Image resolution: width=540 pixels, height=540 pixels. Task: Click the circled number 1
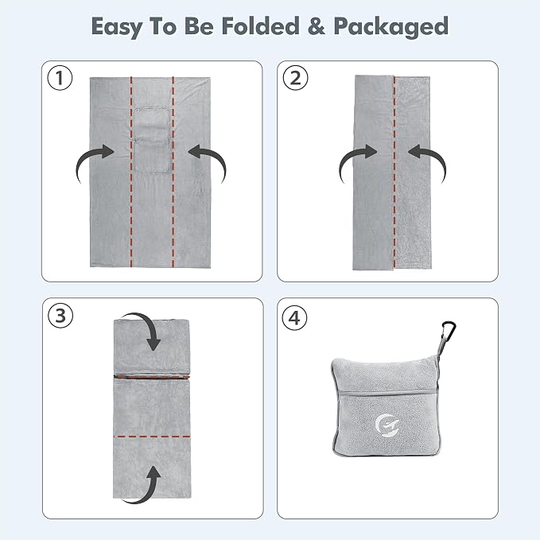(60, 78)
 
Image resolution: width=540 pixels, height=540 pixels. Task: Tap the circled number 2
(296, 78)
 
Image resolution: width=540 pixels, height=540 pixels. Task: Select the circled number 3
(60, 316)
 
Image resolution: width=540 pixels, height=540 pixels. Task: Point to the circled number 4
(294, 318)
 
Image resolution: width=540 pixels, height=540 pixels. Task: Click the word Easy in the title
(116, 27)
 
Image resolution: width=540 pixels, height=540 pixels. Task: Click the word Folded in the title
(260, 25)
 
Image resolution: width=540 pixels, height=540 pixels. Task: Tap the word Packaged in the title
(390, 27)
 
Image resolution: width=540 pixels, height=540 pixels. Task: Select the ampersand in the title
(317, 26)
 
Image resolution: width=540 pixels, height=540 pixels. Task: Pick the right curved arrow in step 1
(208, 162)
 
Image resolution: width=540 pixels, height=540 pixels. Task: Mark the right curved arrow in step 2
(428, 162)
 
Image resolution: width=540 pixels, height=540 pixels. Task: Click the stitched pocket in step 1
(152, 139)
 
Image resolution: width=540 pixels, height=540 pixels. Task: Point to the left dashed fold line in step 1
(131, 172)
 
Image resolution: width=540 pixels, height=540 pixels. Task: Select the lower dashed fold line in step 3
(152, 437)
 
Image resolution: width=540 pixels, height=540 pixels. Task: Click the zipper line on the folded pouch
(388, 392)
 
